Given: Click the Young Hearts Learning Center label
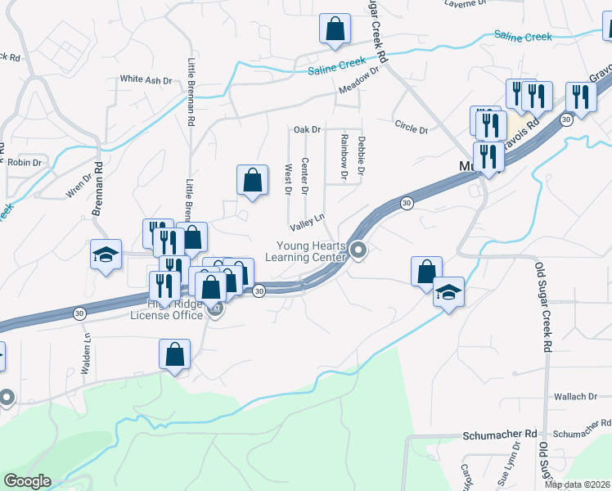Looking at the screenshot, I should coord(312,251).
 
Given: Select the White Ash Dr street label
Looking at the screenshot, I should coord(146,80).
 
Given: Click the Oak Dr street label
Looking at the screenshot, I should coord(307,129).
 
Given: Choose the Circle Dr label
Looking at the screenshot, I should coord(411,128).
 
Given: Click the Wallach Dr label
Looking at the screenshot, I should coord(569,397).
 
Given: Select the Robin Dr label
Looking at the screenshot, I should coord(25,163).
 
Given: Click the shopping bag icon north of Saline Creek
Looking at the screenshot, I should coord(335,29).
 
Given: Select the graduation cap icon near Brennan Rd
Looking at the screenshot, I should coord(106,255).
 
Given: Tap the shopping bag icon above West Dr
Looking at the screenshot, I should coord(253,180).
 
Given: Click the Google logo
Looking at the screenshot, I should coord(27,481).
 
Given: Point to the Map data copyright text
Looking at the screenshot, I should coord(578,484).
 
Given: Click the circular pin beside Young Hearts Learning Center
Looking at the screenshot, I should coord(358,250).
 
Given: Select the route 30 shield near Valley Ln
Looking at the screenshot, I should coord(406,203).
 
